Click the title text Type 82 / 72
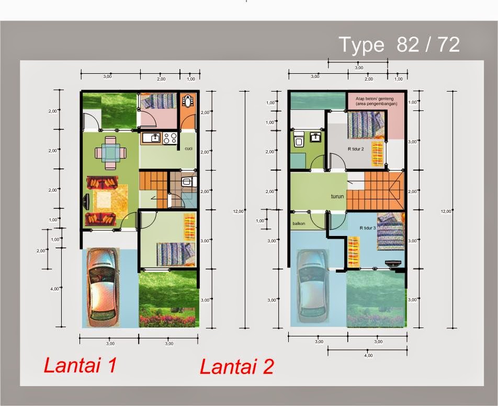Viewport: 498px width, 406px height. (399, 44)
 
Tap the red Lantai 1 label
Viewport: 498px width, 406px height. (80, 365)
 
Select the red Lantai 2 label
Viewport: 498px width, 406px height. (236, 367)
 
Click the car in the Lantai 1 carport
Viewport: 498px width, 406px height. (103, 286)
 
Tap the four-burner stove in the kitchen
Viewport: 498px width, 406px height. (170, 138)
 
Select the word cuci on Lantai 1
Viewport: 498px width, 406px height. (188, 149)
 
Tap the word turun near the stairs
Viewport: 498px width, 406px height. (337, 197)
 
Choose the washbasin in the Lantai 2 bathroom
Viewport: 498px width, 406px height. (315, 138)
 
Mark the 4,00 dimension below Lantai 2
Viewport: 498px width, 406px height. (368, 355)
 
